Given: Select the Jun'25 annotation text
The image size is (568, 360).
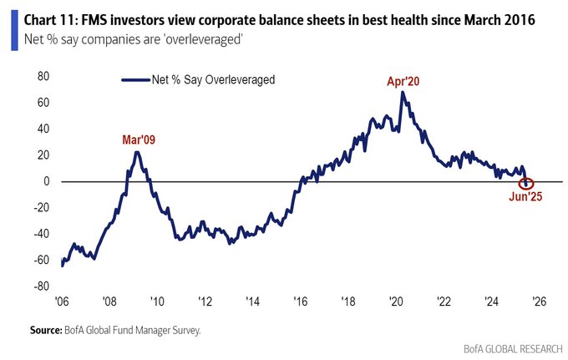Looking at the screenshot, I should pyautogui.click(x=526, y=197).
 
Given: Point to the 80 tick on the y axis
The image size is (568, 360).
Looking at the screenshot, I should pyautogui.click(x=44, y=77).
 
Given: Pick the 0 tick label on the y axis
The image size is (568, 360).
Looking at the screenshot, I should pyautogui.click(x=48, y=181).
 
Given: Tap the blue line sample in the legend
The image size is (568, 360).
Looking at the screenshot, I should pyautogui.click(x=134, y=80).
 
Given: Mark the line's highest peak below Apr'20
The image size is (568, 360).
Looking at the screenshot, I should pyautogui.click(x=402, y=92).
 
